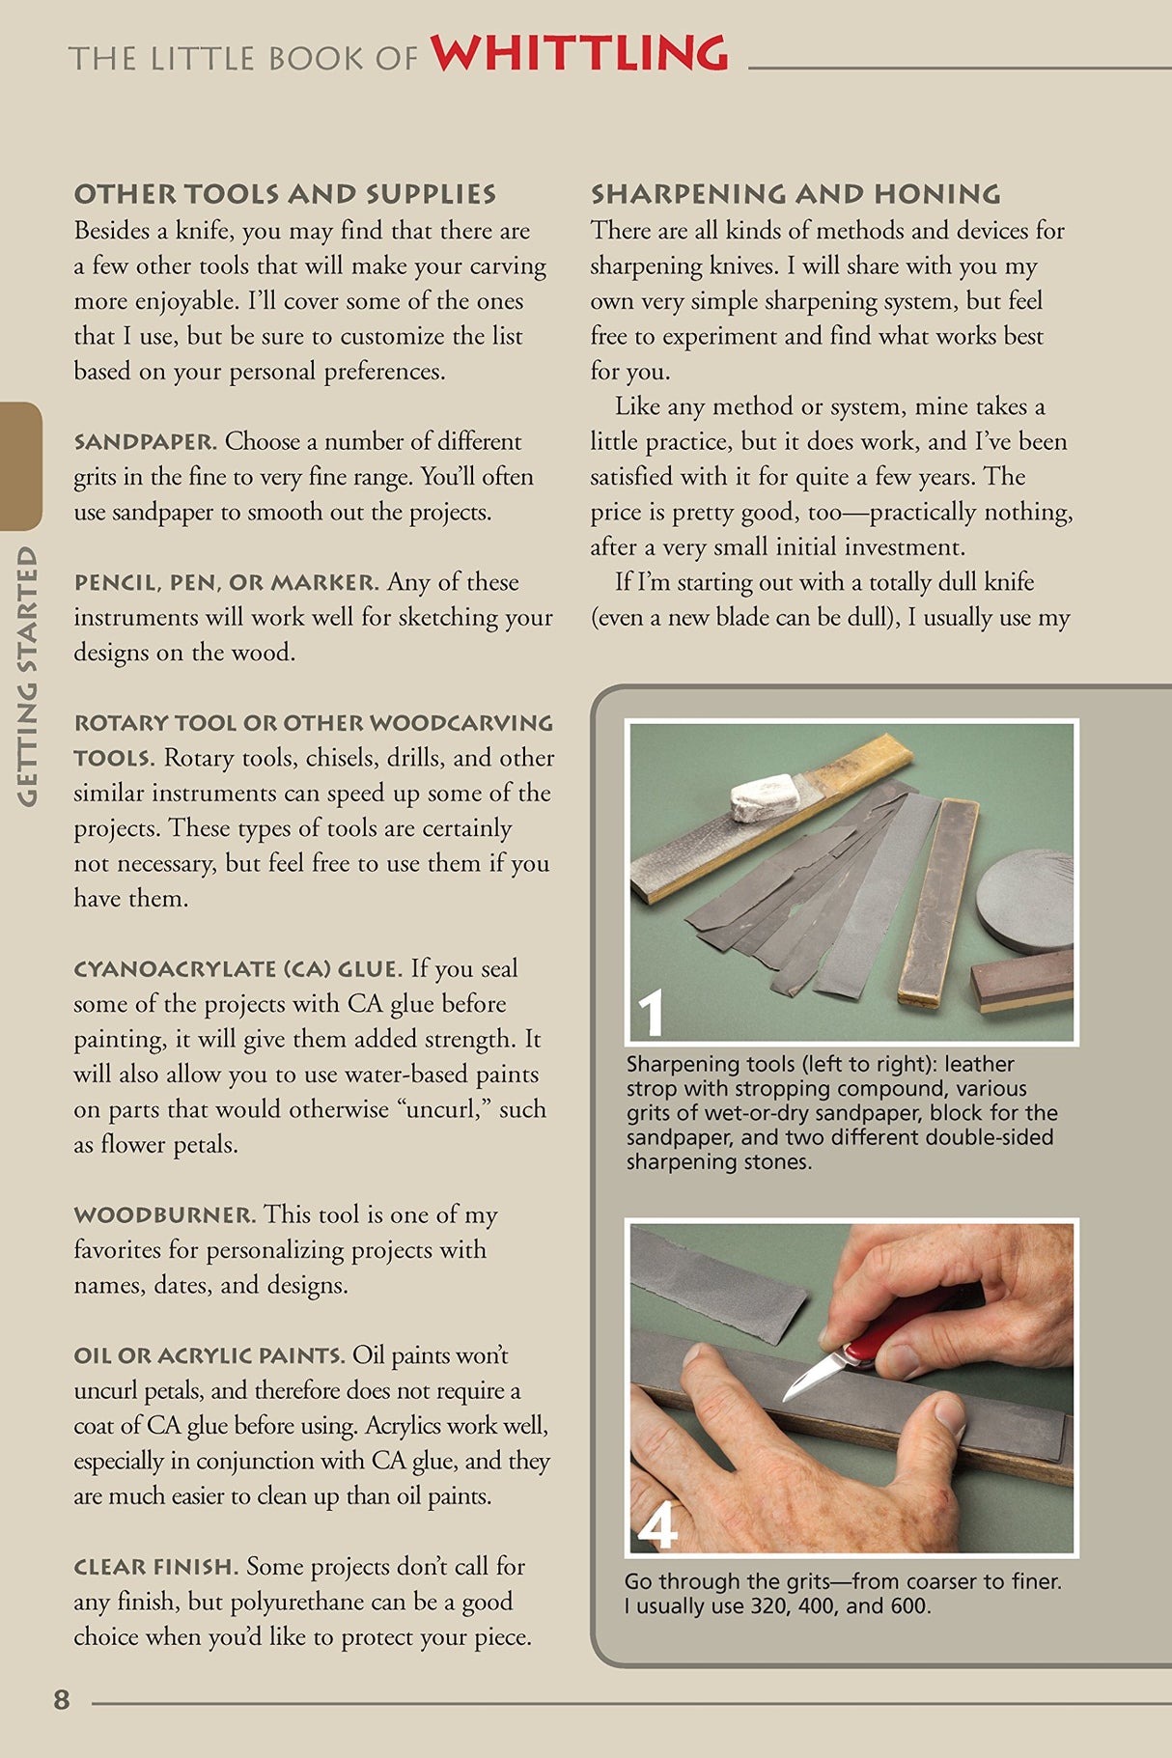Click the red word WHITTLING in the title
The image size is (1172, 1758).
click(579, 54)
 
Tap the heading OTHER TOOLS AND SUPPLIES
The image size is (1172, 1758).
click(285, 194)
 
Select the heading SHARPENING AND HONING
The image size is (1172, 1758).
click(795, 194)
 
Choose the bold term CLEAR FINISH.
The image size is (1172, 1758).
click(155, 1567)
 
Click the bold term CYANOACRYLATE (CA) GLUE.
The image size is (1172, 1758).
click(237, 969)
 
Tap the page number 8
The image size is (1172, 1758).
click(62, 1699)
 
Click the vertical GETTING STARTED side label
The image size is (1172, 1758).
click(27, 676)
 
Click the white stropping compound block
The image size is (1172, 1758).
click(766, 796)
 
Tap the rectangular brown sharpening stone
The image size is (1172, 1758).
click(1022, 985)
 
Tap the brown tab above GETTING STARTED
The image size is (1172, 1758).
click(20, 466)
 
